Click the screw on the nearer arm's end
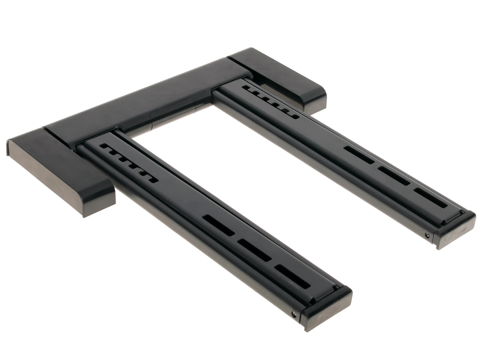[294, 314]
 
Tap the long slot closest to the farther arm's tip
[430, 197]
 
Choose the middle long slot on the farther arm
[394, 175]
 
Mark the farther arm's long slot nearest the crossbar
[359, 155]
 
